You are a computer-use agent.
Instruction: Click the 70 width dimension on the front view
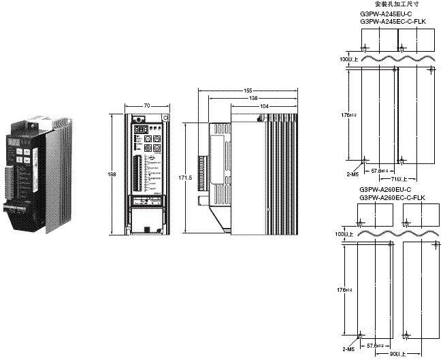147,105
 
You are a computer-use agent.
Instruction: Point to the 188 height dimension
112,176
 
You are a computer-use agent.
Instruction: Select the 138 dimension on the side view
254,99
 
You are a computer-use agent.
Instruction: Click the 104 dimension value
263,108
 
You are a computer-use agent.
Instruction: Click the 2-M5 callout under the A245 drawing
352,174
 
